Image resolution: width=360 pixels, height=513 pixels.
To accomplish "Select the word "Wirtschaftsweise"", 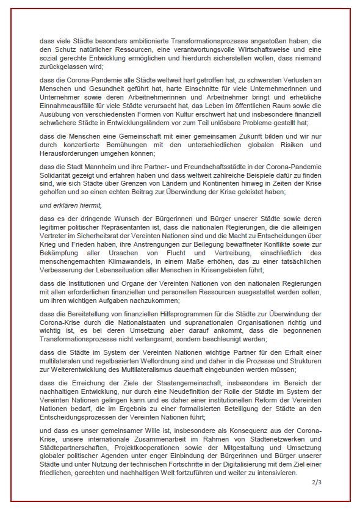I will coord(241,49).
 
